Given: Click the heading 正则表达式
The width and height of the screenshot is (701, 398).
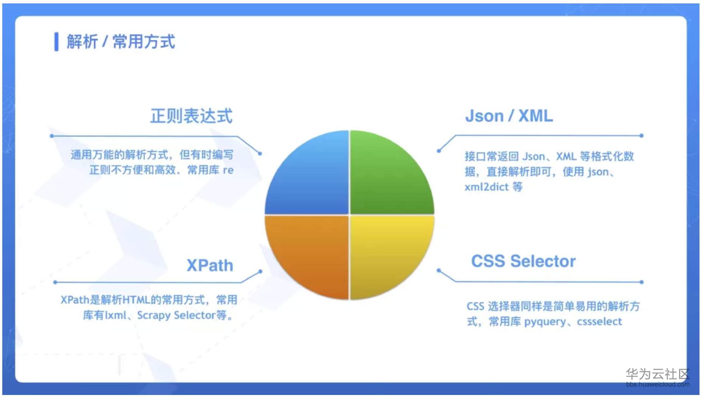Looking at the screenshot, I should (x=191, y=116).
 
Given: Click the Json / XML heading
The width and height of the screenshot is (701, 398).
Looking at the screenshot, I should (x=509, y=116).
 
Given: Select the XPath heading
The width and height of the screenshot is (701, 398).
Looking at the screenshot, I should (x=210, y=265).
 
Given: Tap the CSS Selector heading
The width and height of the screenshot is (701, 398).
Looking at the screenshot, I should (x=523, y=261).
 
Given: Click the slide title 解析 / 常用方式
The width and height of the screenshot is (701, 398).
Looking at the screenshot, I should (x=121, y=41).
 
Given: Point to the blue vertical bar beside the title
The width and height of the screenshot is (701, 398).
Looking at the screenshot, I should (x=56, y=41).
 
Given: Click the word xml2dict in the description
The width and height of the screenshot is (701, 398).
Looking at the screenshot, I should (x=486, y=187).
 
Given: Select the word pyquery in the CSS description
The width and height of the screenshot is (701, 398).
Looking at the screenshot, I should (x=545, y=322).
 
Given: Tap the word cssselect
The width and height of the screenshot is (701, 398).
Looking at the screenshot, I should (x=599, y=322).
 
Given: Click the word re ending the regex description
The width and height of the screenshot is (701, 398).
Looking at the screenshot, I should (x=228, y=170).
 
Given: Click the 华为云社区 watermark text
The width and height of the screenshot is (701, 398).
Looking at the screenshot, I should (x=657, y=374).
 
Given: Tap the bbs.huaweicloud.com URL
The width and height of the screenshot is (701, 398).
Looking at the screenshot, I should (x=657, y=384).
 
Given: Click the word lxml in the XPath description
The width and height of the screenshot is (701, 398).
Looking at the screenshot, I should (x=115, y=315).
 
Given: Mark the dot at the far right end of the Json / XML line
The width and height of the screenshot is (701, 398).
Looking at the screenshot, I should (x=641, y=135).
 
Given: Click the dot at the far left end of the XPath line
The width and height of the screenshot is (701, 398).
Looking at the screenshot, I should (x=55, y=282).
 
